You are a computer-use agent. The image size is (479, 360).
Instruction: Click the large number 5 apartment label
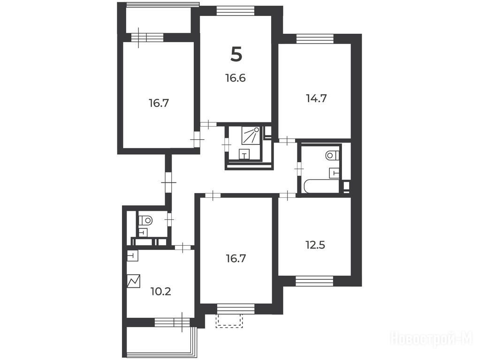click(x=236, y=55)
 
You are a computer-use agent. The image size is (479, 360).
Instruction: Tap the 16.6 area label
click(x=236, y=78)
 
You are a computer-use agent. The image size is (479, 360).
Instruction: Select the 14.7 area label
click(x=316, y=98)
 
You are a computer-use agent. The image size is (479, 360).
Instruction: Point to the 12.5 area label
click(x=315, y=245)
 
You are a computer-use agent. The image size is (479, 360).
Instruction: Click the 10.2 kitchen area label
click(x=161, y=292)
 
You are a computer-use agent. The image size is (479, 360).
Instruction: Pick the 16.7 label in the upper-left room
click(x=159, y=103)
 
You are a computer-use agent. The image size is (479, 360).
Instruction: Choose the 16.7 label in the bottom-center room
click(x=236, y=259)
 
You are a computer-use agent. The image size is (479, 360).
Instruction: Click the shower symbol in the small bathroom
click(x=251, y=135)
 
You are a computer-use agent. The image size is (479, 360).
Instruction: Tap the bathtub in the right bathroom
click(x=321, y=186)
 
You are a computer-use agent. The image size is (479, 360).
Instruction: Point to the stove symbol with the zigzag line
click(x=134, y=281)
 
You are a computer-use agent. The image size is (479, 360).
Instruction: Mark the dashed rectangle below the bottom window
click(x=229, y=321)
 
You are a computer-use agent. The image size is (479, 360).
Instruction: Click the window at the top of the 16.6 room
click(x=235, y=11)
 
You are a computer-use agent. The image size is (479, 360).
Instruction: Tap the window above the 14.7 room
click(x=315, y=39)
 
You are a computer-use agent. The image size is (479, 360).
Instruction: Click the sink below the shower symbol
click(x=244, y=154)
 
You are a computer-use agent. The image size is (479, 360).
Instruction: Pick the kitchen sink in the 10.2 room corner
click(x=133, y=256)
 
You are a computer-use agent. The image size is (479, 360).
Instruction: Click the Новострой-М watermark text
click(x=432, y=338)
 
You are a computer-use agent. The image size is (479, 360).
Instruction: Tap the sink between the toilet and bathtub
click(x=335, y=173)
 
